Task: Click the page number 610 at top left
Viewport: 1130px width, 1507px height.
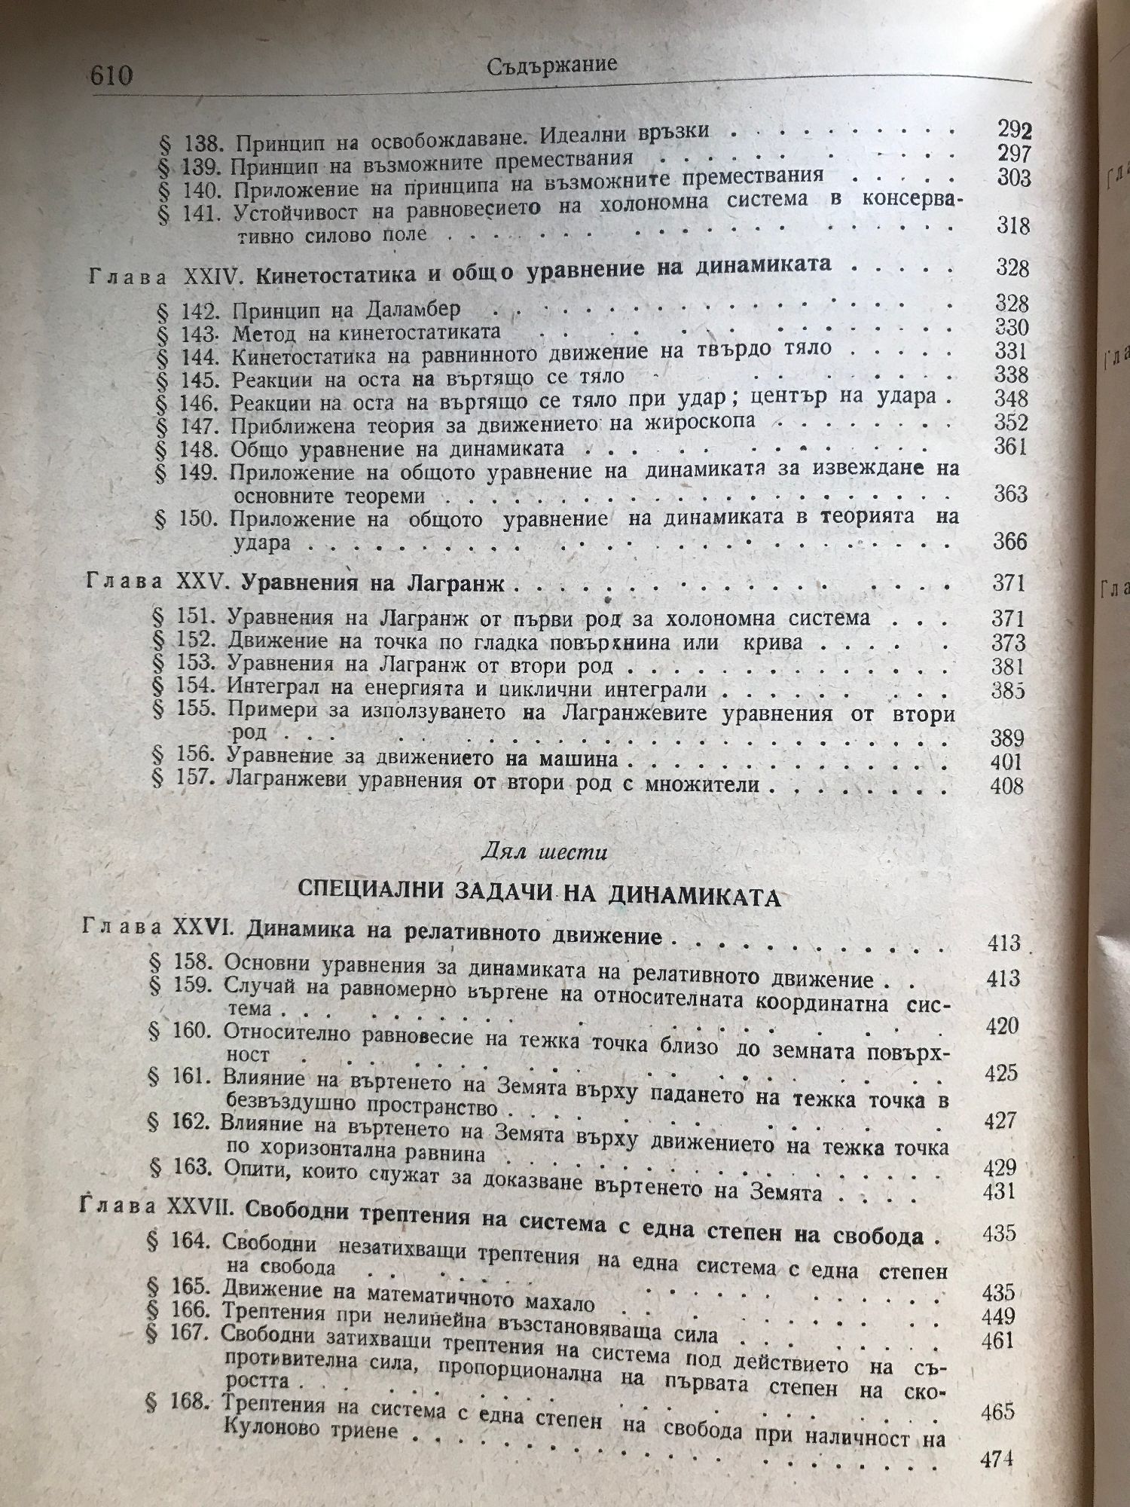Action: click(x=111, y=76)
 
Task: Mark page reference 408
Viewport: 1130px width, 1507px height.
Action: click(x=1006, y=787)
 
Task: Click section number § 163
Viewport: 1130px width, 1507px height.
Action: click(x=179, y=1188)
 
